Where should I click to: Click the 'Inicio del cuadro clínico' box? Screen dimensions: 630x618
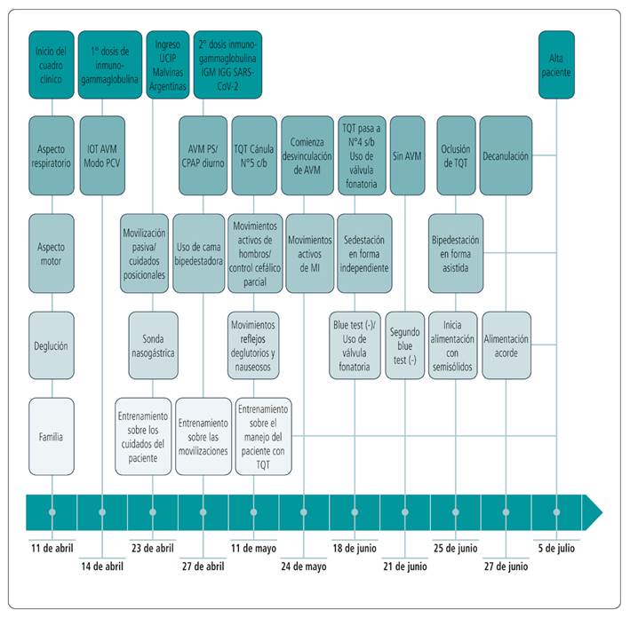pyautogui.click(x=51, y=59)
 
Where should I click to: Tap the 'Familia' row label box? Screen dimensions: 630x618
pyautogui.click(x=51, y=436)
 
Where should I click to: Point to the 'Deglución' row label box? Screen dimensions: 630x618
pyautogui.click(x=51, y=347)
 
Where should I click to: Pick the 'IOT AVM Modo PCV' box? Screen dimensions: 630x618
pyautogui.click(x=103, y=155)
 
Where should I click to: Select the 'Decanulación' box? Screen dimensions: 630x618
pyautogui.click(x=506, y=155)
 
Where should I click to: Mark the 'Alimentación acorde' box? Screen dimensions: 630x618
pyautogui.click(x=506, y=340)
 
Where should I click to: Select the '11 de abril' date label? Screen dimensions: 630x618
pyautogui.click(x=52, y=546)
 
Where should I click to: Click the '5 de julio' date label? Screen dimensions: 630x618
pyautogui.click(x=557, y=546)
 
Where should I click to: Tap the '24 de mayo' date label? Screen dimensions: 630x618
pyautogui.click(x=304, y=565)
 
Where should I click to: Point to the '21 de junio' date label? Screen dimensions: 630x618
pyautogui.click(x=405, y=565)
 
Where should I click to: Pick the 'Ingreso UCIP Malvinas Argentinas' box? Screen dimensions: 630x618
pyautogui.click(x=167, y=59)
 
